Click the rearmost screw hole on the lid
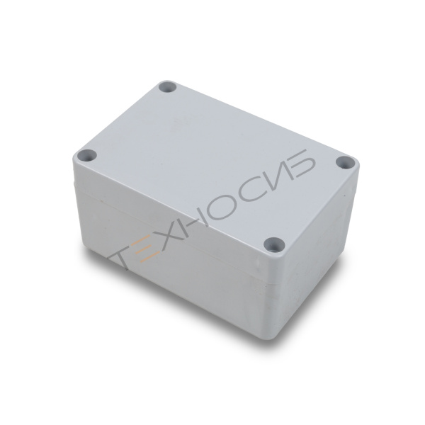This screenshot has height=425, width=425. click(x=167, y=87)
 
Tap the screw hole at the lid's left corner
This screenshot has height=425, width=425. click(x=87, y=155)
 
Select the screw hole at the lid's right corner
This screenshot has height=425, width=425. click(x=344, y=163)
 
